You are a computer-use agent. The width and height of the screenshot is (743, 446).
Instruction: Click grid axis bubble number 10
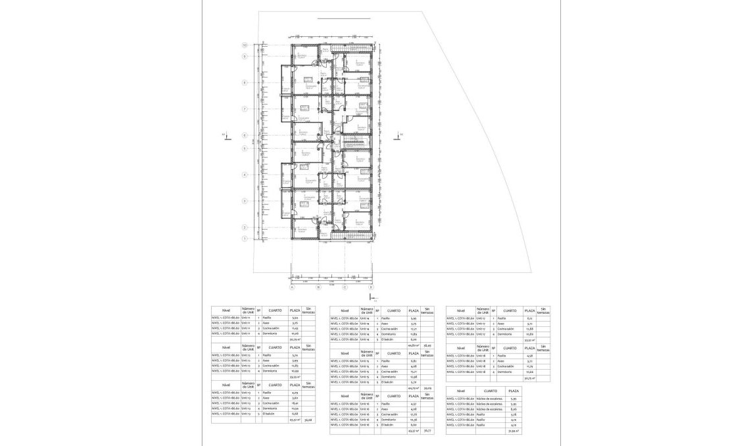[244, 46]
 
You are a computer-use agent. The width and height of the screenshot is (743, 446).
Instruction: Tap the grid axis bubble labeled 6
[244, 136]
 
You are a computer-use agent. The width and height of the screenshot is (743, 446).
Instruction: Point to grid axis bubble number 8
[244, 83]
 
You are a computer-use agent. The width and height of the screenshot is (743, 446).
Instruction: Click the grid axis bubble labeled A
[292, 287]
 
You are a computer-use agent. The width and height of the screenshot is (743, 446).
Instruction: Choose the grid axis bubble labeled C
[345, 287]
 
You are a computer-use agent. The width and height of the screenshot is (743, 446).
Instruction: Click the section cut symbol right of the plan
[396, 136]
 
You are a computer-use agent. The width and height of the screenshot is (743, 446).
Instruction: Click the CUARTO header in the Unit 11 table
[276, 310]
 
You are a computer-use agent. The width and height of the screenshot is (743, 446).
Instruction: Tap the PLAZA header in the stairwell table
[514, 391]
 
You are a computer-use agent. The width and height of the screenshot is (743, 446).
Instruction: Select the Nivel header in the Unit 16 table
[345, 396]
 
